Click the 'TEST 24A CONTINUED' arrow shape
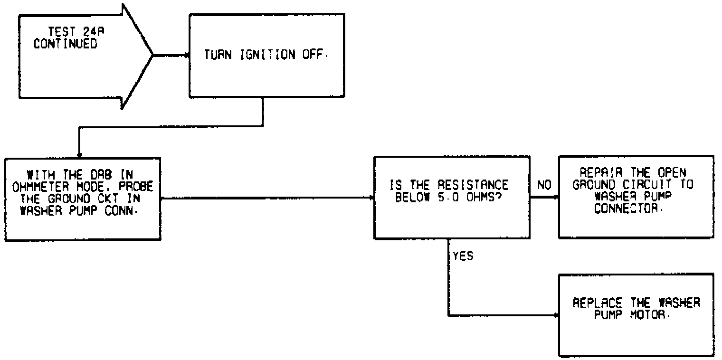coord(81,56)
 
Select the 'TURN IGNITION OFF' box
coord(266,55)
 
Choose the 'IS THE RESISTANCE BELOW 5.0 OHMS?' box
coord(452,197)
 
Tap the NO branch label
coord(544,186)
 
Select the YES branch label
coord(463,256)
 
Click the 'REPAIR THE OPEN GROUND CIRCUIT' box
coord(636,196)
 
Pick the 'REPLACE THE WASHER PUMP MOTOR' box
coord(636,314)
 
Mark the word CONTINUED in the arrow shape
coord(65,44)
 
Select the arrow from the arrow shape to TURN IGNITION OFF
coord(171,55)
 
